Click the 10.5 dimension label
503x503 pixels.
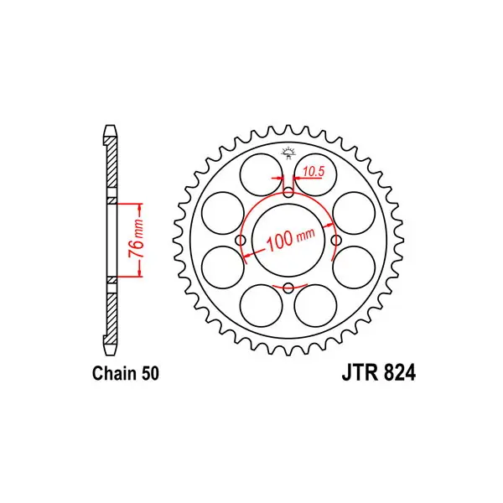(314, 172)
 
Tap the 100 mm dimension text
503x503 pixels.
(290, 239)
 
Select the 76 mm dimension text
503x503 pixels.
(136, 239)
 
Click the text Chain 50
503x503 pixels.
(126, 374)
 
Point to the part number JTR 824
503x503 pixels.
(379, 373)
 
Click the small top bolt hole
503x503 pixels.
(288, 193)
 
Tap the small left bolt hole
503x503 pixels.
(241, 240)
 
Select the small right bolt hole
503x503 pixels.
(336, 240)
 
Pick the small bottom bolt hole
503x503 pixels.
(288, 288)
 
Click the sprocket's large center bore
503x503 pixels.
(288, 241)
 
